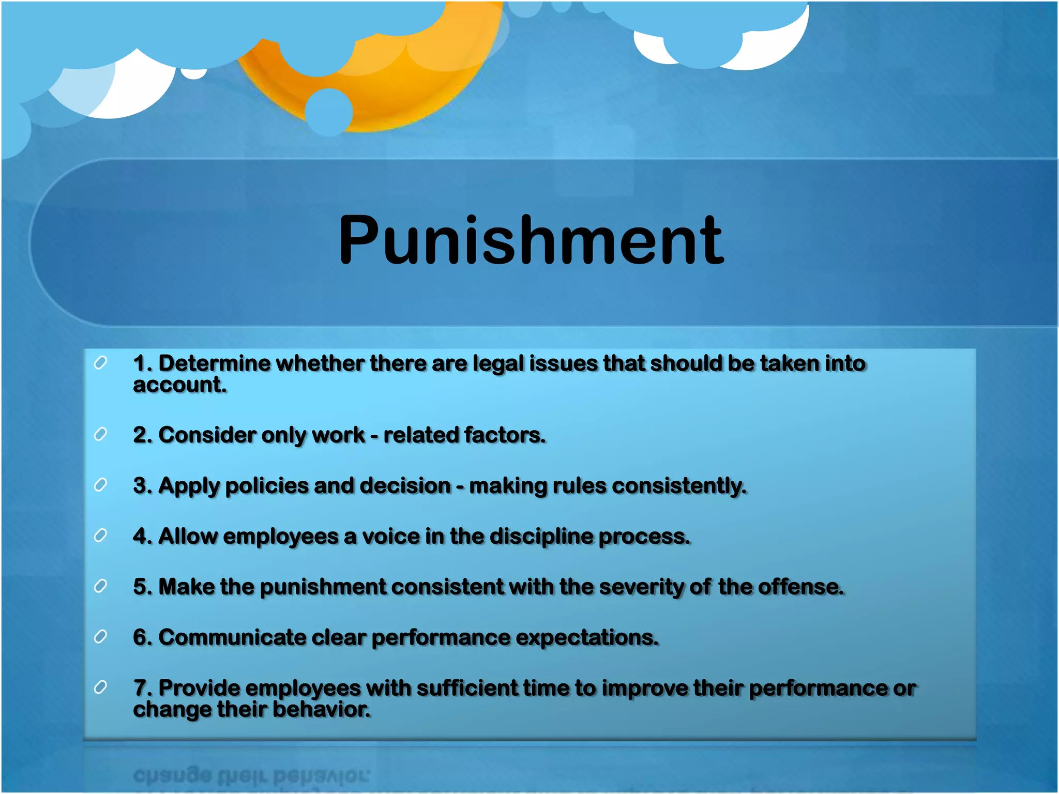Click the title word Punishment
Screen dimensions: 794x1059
(x=531, y=241)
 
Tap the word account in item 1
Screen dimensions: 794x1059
(x=179, y=385)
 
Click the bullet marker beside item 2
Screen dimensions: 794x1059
(x=100, y=434)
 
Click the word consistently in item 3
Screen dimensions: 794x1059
(x=679, y=486)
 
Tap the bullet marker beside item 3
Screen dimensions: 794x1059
(x=100, y=485)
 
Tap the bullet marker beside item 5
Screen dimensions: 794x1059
(x=100, y=586)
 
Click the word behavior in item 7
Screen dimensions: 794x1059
(x=321, y=710)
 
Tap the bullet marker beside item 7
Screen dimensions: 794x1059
(x=100, y=688)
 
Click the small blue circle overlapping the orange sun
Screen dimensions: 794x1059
(x=329, y=112)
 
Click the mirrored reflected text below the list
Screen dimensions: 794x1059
(x=251, y=775)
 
